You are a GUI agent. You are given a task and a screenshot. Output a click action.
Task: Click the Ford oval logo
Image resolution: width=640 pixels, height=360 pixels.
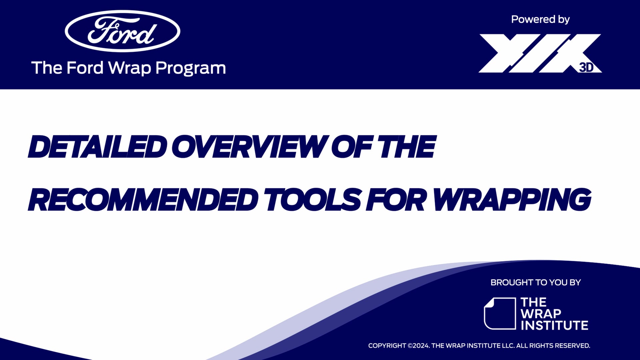[122, 31]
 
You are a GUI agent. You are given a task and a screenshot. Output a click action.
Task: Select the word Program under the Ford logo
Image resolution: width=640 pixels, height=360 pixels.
[190, 68]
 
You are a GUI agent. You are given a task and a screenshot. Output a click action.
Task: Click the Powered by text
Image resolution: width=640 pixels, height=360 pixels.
[540, 19]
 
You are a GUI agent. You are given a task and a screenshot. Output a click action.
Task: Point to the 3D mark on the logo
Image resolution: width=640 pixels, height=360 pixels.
[586, 67]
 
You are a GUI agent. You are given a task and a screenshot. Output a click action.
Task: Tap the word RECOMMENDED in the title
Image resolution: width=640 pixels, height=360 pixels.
[143, 200]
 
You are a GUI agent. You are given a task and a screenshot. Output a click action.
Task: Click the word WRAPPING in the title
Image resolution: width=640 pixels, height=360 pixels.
[512, 200]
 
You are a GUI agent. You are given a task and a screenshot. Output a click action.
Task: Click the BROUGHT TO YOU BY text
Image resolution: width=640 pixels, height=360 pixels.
[535, 282]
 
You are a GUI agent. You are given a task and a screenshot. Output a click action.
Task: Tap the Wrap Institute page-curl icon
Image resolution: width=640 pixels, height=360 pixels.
[499, 313]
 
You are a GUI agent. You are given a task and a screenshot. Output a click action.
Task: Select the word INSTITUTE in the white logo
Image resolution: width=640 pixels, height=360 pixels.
[554, 325]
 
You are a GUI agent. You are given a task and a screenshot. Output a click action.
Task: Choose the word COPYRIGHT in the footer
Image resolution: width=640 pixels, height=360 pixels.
[387, 346]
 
